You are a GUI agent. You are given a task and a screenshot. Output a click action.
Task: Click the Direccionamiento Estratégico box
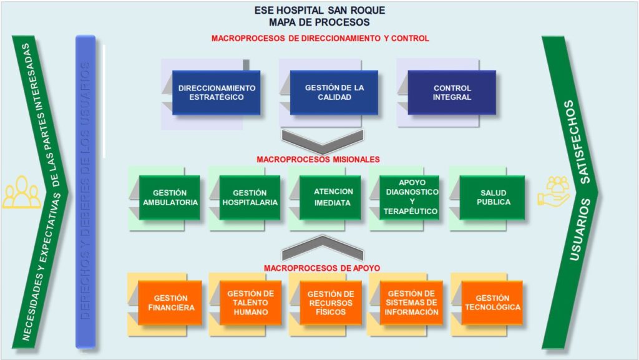pos(216,92)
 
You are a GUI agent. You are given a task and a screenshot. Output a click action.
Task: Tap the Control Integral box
pos(452,92)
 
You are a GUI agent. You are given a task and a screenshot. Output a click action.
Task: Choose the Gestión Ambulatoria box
pos(170,197)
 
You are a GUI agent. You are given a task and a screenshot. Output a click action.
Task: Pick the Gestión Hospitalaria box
pos(250,197)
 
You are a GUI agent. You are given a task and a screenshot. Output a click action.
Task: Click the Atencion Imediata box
pos(330,197)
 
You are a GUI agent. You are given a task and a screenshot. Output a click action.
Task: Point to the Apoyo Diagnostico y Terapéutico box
pos(410,197)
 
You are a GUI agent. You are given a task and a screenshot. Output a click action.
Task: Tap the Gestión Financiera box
pos(170,303)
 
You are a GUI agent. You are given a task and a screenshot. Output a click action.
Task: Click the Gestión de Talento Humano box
pos(250,303)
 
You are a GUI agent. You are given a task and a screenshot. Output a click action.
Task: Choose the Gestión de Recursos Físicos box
pos(331,303)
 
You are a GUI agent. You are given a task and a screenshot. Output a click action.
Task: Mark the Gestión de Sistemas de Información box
pos(411,303)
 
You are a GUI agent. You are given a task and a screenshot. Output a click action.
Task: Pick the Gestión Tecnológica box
pos(492,303)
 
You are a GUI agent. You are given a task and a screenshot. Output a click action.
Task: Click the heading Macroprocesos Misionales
pos(318,160)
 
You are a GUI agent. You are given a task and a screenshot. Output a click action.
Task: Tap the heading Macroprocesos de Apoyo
pos(322,268)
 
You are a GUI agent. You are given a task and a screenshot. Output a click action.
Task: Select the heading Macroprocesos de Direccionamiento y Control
pos(320,38)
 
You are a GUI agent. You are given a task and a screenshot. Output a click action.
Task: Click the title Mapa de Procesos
pos(319,22)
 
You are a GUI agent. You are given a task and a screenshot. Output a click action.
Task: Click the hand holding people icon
pos(554,191)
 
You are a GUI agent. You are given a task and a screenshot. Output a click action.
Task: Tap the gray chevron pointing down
pos(322,141)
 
